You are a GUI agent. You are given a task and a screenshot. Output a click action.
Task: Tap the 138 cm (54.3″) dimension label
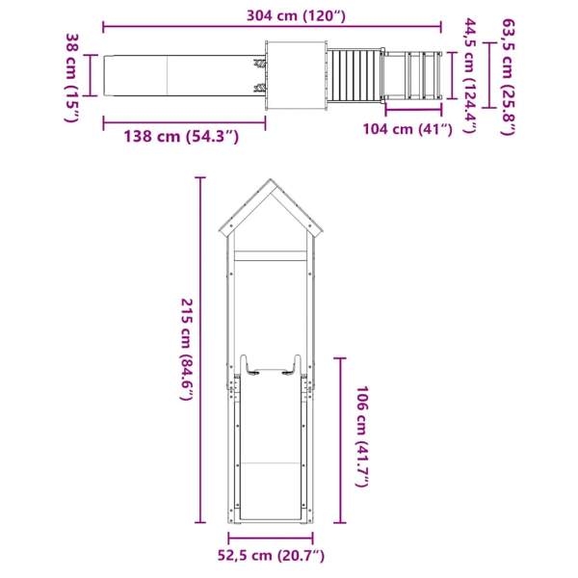181,137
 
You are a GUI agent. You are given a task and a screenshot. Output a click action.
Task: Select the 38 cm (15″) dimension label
72,76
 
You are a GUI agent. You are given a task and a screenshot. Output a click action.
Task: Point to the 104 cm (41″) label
407,129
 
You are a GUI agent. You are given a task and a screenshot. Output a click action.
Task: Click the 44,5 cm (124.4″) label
470,75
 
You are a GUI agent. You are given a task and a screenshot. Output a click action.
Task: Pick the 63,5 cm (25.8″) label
509,75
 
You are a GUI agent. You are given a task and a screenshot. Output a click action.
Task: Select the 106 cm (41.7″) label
361,437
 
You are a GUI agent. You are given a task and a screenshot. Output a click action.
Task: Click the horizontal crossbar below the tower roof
271,257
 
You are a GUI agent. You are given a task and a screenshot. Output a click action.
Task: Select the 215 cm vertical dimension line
199,351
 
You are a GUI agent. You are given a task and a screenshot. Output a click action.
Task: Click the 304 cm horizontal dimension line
273,27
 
